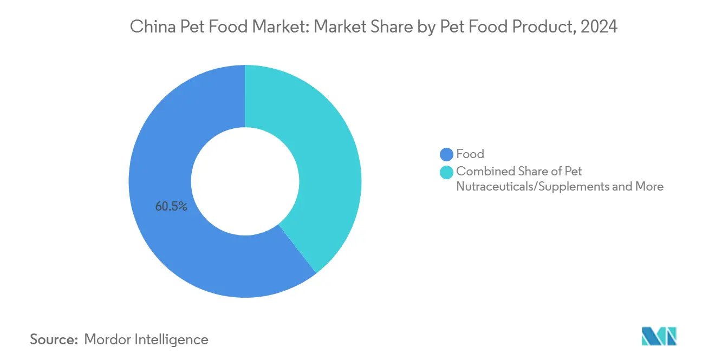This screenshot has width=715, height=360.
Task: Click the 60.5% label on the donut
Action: point(171,206)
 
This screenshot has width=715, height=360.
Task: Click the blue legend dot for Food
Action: point(446,155)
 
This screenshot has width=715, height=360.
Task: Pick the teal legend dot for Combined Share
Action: point(446,172)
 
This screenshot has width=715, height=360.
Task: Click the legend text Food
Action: point(470,154)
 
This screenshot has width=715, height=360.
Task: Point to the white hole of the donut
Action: point(245,181)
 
